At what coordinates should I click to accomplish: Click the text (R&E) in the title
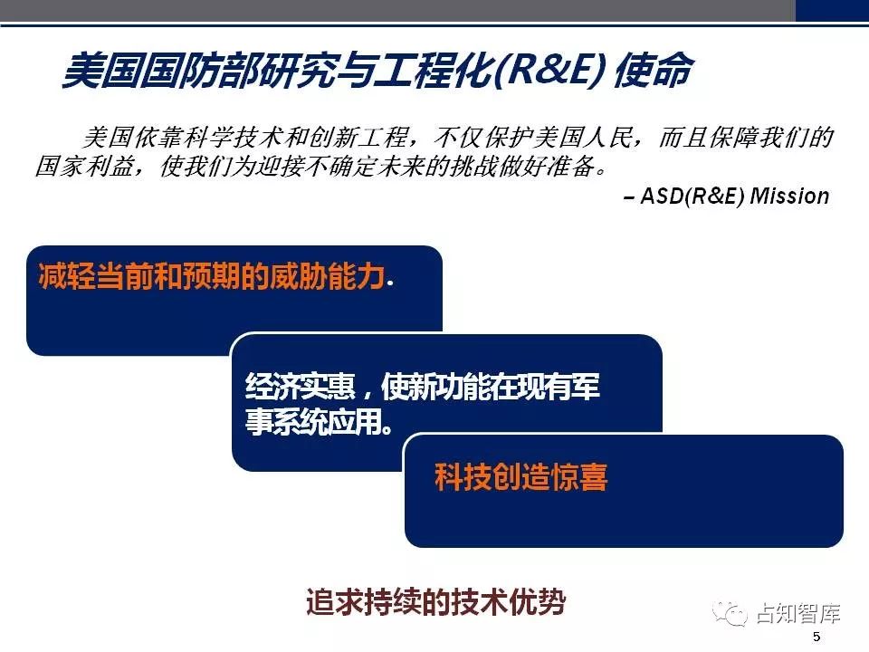tap(548, 71)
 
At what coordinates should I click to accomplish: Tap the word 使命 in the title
tap(654, 71)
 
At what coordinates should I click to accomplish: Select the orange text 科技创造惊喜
tap(521, 477)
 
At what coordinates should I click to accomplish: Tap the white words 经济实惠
tap(300, 386)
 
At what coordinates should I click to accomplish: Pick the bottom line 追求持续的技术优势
tap(435, 601)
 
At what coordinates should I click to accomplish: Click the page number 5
tap(816, 637)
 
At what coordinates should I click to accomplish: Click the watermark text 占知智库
tap(798, 613)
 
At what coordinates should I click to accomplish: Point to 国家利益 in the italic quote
tap(83, 166)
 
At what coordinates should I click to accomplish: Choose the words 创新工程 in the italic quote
tap(358, 137)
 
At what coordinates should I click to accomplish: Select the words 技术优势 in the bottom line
tap(509, 601)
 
